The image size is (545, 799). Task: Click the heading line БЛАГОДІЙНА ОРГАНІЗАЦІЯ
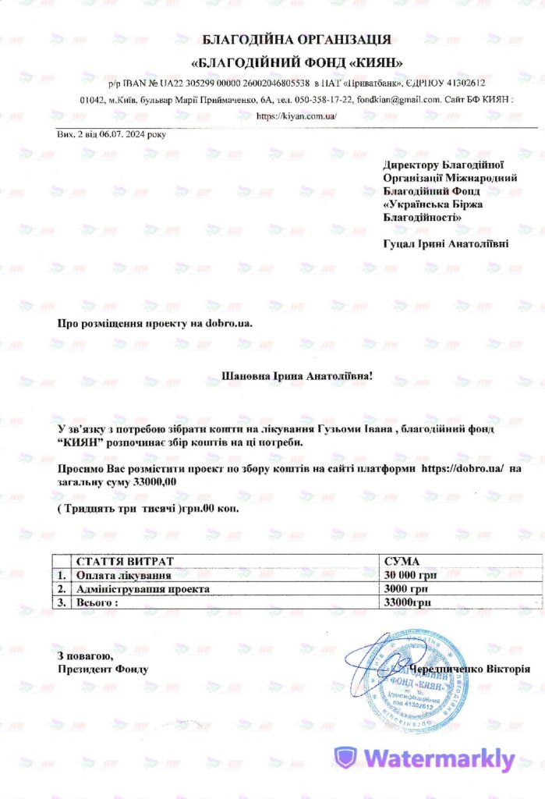(x=291, y=40)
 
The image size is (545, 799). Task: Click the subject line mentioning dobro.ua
(x=156, y=322)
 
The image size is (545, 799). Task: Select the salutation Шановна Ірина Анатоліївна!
(x=298, y=376)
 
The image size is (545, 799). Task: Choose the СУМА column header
(x=402, y=561)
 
